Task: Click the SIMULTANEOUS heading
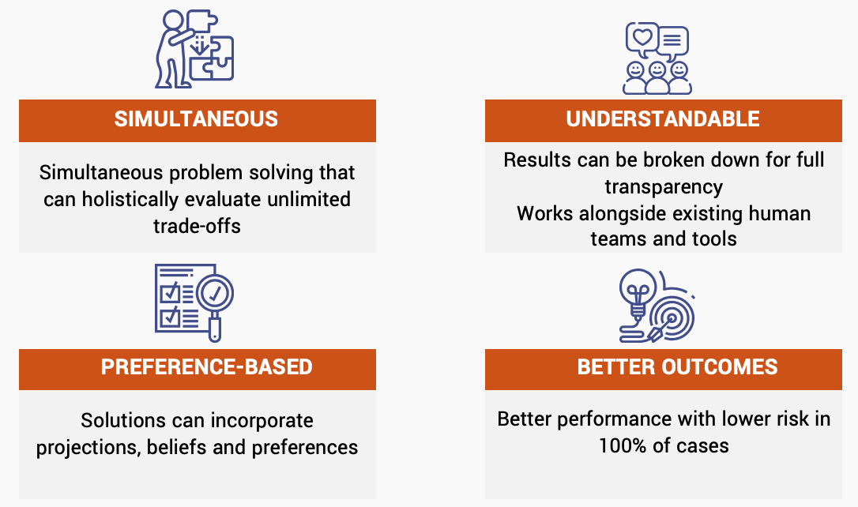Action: [x=196, y=119]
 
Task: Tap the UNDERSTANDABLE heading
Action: [x=663, y=119]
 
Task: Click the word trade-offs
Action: [x=197, y=226]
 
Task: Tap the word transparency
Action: [x=664, y=186]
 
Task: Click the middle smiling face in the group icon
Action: [x=657, y=73]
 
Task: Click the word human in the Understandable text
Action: [x=780, y=213]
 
